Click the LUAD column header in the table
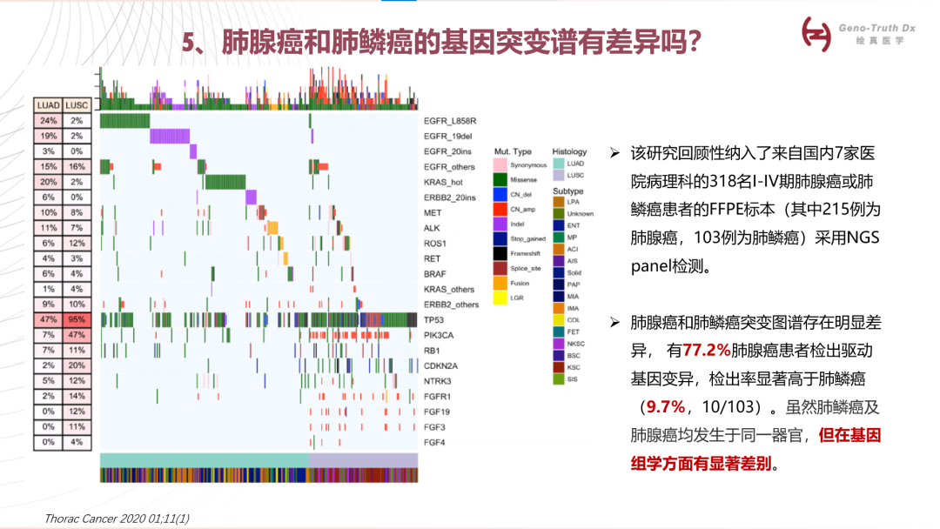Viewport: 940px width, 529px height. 48,105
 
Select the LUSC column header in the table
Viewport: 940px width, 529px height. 77,105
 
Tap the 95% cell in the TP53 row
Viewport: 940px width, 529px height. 77,319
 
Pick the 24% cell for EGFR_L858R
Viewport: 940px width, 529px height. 48,121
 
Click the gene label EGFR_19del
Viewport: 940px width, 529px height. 447,137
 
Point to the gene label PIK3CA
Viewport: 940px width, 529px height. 440,335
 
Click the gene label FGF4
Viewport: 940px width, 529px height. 434,442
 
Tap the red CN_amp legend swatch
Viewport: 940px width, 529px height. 500,209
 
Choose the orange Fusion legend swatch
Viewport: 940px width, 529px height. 500,283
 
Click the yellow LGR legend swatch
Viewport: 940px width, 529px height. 500,298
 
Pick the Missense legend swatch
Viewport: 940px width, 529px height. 500,179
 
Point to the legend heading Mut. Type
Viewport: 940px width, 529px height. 513,151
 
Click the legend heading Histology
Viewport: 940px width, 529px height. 569,151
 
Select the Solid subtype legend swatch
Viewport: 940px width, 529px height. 559,272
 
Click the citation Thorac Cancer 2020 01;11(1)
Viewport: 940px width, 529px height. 117,519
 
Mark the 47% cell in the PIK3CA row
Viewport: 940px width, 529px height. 77,335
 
